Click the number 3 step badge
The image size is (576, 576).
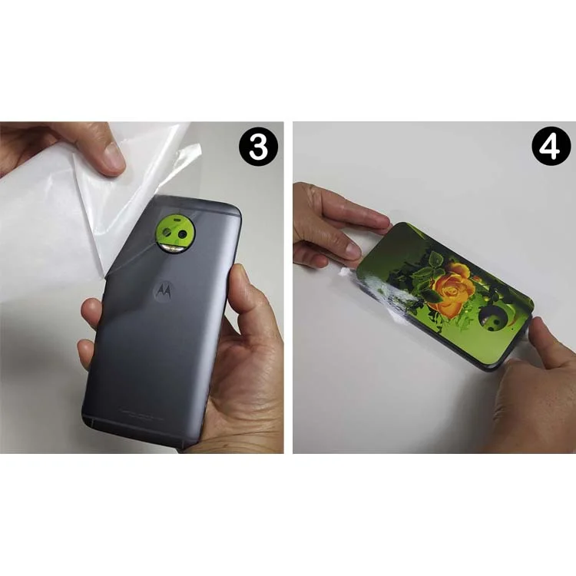258,147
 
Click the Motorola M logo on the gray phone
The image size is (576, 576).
164,290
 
